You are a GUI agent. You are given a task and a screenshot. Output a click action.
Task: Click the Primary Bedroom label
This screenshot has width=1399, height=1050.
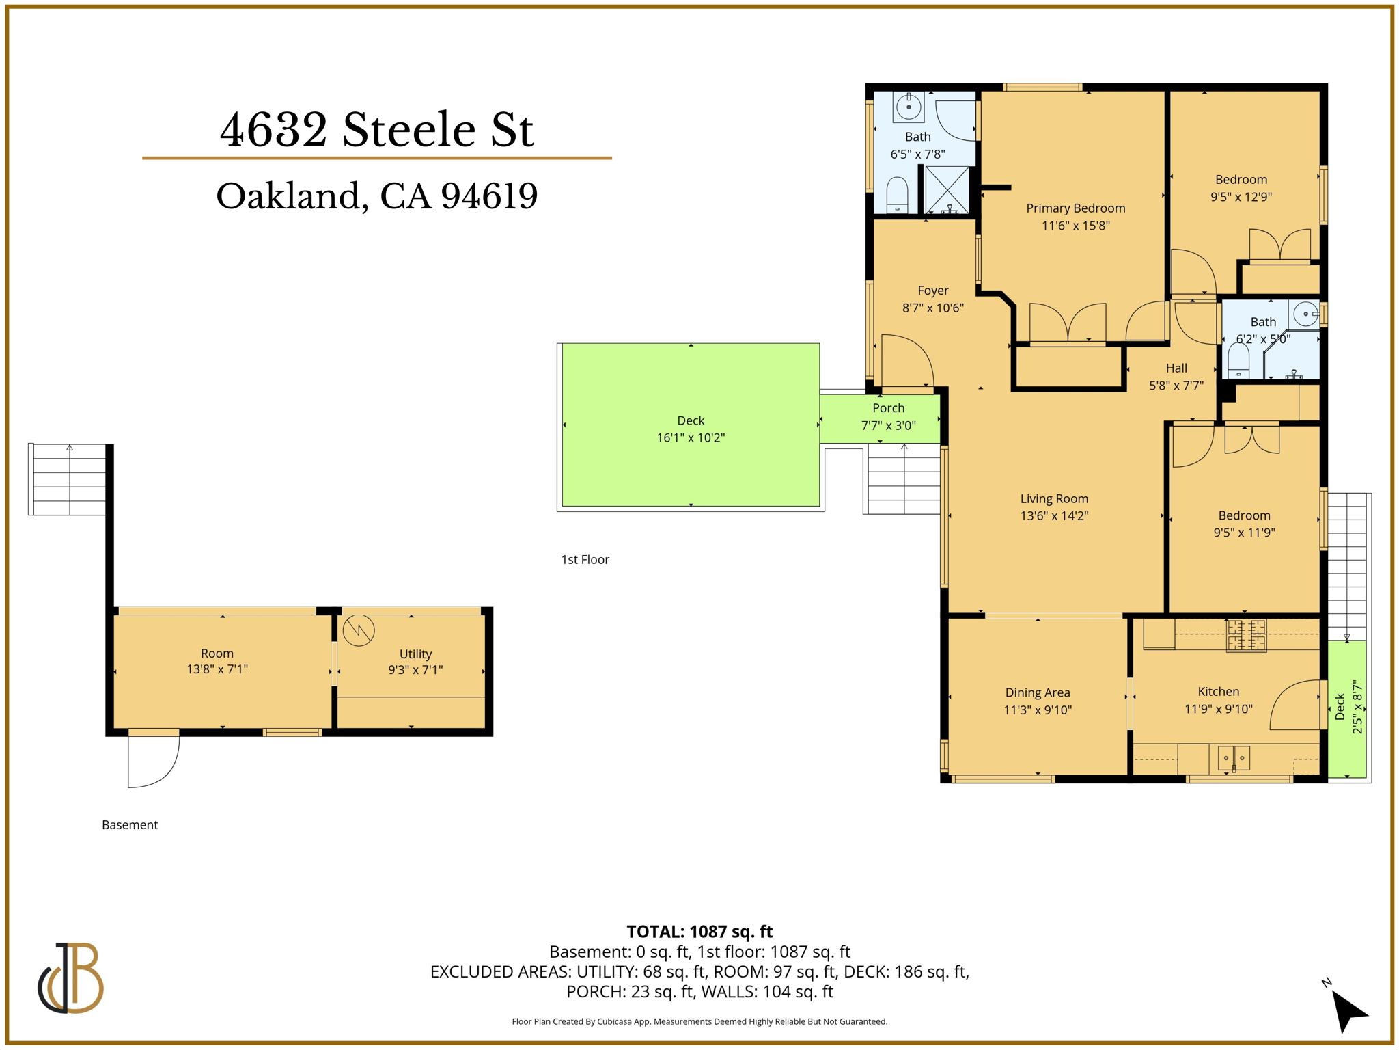pos(1075,208)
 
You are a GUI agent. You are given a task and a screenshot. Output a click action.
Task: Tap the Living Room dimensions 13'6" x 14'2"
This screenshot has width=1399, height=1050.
pos(1054,516)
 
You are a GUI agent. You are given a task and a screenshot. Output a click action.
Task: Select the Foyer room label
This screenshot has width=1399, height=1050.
pos(932,291)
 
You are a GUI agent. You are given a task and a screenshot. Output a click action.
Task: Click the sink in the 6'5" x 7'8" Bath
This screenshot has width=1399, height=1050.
pos(909,107)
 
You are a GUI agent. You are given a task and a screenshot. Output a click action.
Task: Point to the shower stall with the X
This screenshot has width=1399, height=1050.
pos(947,189)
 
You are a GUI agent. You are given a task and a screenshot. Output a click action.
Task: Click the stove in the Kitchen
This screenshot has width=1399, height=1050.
pos(1246,635)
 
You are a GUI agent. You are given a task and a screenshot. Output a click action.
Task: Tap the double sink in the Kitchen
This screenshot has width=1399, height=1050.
pos(1234,758)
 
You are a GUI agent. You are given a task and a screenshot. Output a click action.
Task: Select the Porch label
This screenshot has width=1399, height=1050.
pos(888,408)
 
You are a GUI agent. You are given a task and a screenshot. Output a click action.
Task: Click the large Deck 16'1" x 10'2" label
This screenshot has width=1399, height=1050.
pos(690,421)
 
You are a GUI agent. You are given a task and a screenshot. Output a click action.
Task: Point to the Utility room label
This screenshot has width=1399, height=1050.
pos(415,654)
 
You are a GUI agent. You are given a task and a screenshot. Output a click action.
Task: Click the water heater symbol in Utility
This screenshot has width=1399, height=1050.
pos(359,630)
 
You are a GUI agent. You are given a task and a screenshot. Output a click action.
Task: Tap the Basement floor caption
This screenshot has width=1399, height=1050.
pos(130,825)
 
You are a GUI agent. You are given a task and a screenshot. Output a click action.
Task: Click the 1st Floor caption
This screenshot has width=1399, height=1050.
pos(585,560)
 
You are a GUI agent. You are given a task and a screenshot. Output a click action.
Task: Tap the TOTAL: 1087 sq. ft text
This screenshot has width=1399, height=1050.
pos(699,932)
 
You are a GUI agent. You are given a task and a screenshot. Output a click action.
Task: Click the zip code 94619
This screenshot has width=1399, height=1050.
pos(489,196)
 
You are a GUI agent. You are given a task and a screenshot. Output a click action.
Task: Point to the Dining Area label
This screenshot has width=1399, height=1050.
pos(1037,692)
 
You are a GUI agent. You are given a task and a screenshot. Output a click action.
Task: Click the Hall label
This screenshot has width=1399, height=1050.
pos(1176,368)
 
